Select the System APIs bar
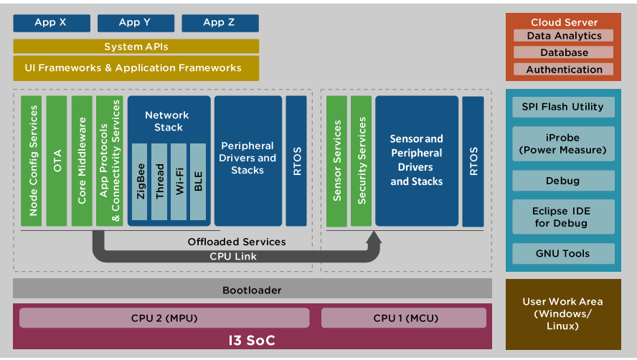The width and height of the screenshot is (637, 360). (x=136, y=47)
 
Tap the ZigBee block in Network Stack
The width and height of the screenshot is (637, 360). (x=141, y=181)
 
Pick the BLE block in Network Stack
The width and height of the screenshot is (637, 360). (x=198, y=181)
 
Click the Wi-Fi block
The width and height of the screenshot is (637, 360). (x=179, y=181)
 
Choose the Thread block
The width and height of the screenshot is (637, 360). (x=161, y=181)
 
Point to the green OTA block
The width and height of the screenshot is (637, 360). (x=57, y=161)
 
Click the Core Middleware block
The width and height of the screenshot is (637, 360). (x=82, y=161)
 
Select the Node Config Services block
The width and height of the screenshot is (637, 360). (x=32, y=161)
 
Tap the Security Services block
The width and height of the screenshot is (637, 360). (x=362, y=161)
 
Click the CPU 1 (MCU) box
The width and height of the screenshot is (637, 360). (x=405, y=318)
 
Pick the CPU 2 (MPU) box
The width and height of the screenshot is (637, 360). (x=164, y=318)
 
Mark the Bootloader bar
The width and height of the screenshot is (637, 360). (x=252, y=290)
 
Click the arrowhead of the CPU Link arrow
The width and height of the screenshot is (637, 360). (x=374, y=238)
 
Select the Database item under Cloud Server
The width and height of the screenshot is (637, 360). (x=563, y=52)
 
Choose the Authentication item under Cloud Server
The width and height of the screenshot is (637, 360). (x=563, y=70)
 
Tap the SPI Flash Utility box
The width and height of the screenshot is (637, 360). (x=563, y=107)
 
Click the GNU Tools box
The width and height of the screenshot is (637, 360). (x=563, y=253)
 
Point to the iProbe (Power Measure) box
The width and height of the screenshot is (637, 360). (x=563, y=143)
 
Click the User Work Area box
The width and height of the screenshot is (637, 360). (x=562, y=314)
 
